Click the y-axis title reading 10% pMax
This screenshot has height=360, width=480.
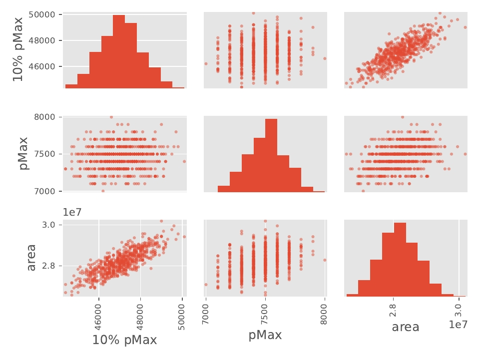18,49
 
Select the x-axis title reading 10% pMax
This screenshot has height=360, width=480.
124,341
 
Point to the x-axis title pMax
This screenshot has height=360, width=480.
265,335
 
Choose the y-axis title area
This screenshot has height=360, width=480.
31,258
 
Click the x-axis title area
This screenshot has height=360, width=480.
405,328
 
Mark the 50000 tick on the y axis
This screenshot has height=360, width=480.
42,14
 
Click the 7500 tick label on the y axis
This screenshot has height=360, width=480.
47,154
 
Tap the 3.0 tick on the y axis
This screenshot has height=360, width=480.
51,225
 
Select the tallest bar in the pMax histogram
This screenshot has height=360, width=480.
271,155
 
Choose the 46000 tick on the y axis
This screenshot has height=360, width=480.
42,66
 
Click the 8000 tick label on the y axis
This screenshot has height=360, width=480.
47,117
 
